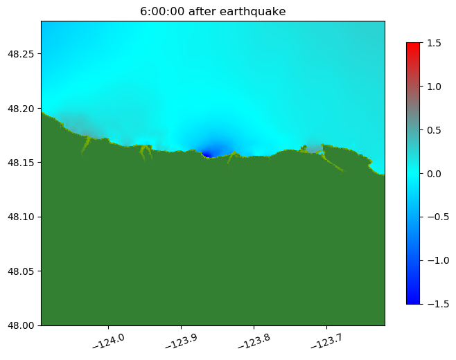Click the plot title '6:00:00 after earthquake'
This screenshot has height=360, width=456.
pos(213,11)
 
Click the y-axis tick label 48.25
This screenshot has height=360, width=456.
pos(23,54)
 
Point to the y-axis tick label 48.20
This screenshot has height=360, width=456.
pos(23,109)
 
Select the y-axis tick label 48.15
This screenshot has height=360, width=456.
pos(23,163)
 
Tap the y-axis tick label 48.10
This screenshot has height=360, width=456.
pos(23,217)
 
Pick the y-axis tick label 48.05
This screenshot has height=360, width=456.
pos(23,271)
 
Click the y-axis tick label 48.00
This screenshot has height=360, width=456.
pos(23,325)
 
